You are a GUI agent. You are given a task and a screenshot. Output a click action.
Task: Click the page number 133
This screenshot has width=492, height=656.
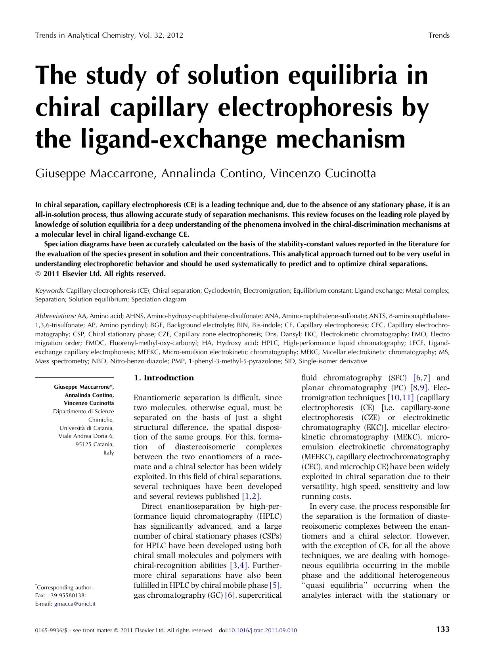point(442,629)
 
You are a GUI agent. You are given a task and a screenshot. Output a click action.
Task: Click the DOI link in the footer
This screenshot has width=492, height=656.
point(263,630)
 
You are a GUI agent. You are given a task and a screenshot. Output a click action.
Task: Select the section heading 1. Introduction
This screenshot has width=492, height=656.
point(164,378)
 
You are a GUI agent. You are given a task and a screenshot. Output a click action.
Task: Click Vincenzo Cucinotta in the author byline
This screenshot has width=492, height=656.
point(323,173)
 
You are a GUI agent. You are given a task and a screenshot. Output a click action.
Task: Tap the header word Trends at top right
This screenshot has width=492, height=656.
point(439,35)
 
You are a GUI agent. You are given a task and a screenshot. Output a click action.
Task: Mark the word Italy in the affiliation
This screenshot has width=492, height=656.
point(108,453)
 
